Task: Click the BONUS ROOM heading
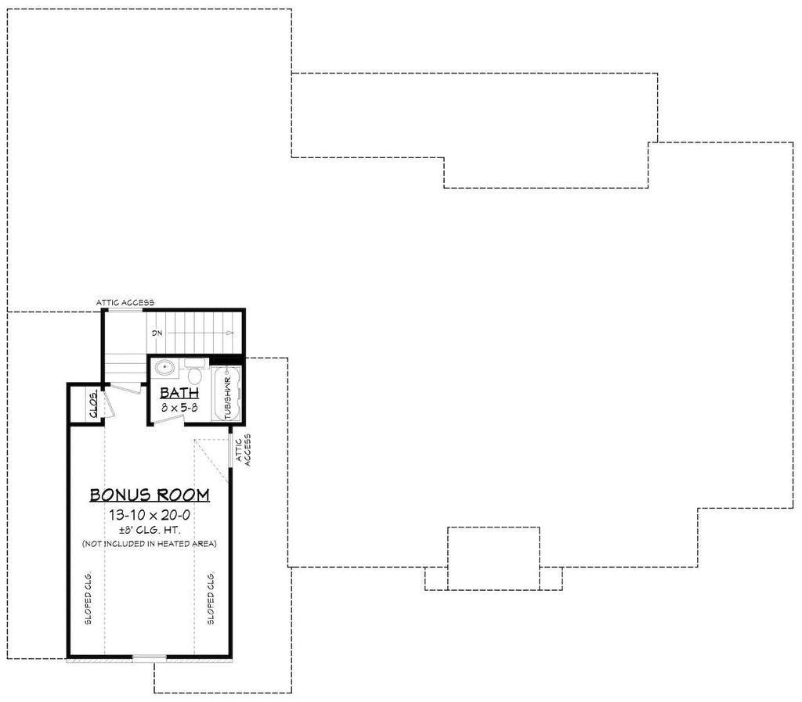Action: [x=150, y=495]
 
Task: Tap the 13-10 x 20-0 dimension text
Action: [x=150, y=515]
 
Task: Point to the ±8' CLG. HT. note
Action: [x=150, y=531]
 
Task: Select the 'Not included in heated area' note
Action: [x=150, y=544]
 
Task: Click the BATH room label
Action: [x=179, y=393]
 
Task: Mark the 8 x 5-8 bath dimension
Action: [x=179, y=408]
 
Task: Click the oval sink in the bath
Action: [x=165, y=367]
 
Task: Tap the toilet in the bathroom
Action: [x=194, y=372]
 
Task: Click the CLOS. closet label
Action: [x=94, y=404]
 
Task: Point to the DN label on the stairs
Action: [x=157, y=333]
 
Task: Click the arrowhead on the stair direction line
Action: [x=230, y=333]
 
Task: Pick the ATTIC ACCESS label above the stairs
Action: [x=125, y=302]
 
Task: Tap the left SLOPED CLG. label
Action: [x=88, y=598]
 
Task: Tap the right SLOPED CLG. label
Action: [x=211, y=598]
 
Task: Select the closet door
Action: [x=108, y=404]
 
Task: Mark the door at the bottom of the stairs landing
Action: [x=126, y=387]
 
